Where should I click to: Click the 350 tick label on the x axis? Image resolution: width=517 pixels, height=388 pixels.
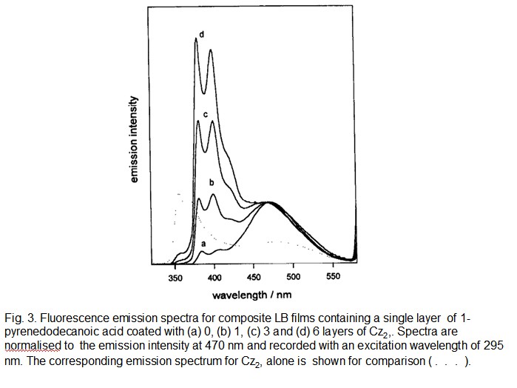coord(176,278)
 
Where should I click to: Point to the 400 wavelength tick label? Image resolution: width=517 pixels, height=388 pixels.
coord(215,278)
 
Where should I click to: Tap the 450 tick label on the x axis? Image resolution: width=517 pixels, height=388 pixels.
coord(254,278)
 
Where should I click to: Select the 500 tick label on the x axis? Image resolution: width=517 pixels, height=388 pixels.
coord(294,278)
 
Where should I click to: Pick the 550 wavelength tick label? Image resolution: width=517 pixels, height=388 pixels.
coord(333,278)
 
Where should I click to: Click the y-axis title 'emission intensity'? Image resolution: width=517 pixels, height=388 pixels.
coord(134,140)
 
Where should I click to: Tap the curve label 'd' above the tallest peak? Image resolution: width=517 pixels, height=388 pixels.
coord(201,33)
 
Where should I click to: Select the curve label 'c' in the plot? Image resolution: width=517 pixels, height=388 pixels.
coord(205,115)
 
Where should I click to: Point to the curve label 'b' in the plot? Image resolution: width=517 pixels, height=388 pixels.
coord(212,181)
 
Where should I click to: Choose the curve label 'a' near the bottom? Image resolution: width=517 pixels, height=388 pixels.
coord(203,243)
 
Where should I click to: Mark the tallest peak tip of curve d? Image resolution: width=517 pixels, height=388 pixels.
coord(196,40)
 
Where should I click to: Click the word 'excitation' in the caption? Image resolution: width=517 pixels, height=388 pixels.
coord(383,346)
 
